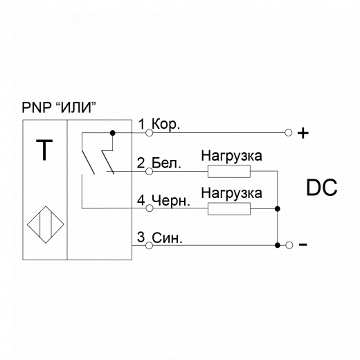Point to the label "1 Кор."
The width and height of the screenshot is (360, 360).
click(x=159, y=125)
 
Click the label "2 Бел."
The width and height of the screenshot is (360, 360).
click(x=159, y=164)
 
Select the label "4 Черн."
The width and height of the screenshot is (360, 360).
click(x=163, y=201)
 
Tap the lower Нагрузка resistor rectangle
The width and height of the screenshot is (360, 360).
click(x=231, y=208)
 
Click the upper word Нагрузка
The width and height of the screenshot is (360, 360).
click(x=231, y=155)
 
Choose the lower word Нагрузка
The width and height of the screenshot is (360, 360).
click(x=231, y=192)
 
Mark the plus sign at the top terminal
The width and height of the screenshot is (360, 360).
click(x=302, y=133)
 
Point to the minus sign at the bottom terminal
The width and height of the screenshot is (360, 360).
click(x=303, y=245)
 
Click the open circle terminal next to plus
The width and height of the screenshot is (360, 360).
click(x=288, y=132)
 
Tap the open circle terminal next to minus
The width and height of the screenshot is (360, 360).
click(x=288, y=244)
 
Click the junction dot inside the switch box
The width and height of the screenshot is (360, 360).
click(x=113, y=132)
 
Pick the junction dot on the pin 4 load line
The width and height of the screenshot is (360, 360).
click(x=276, y=208)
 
